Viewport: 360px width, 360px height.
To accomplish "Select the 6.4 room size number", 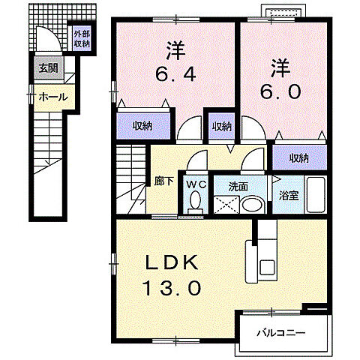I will point(175,76).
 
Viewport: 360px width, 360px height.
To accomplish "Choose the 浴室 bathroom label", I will point(288,193).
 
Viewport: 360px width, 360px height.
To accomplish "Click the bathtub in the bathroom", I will point(316,196).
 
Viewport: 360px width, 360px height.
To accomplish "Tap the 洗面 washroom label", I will point(238,185).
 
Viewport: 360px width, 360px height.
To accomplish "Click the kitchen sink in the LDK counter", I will point(266,265).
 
